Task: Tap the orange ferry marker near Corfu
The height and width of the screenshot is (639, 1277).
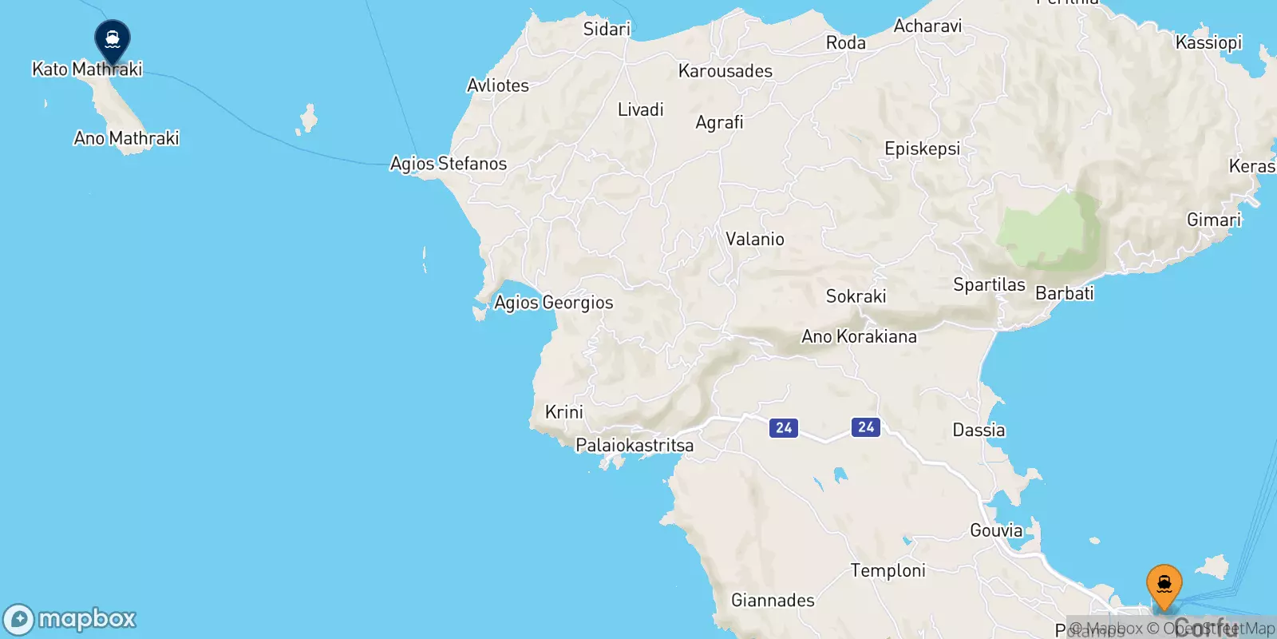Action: coord(1164,585)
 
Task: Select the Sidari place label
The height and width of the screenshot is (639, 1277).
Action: coord(607,30)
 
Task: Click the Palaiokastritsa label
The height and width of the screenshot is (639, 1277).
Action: coord(635,446)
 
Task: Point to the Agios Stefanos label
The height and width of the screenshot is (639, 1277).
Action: coord(448,164)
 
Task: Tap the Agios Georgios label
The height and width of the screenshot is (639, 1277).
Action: coord(553,303)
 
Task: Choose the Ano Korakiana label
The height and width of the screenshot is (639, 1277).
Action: coord(859,336)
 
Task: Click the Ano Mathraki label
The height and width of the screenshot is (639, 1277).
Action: coord(126,138)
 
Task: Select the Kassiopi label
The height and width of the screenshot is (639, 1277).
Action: coord(1208,42)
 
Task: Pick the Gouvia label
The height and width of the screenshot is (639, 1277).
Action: coord(995,530)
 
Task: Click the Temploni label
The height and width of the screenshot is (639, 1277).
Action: coord(888,570)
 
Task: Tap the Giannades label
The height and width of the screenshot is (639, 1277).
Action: coord(773,600)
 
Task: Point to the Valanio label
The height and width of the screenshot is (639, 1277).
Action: coord(754,239)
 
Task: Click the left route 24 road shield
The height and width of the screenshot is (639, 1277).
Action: coord(784,428)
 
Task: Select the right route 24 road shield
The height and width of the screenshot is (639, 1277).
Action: coord(866,427)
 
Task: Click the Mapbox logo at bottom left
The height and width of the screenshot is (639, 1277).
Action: coord(70,619)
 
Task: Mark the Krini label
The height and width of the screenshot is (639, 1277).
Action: coord(563,412)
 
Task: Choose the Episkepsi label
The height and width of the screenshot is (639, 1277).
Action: coord(922,149)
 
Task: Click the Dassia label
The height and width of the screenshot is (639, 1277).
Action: coord(979,431)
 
